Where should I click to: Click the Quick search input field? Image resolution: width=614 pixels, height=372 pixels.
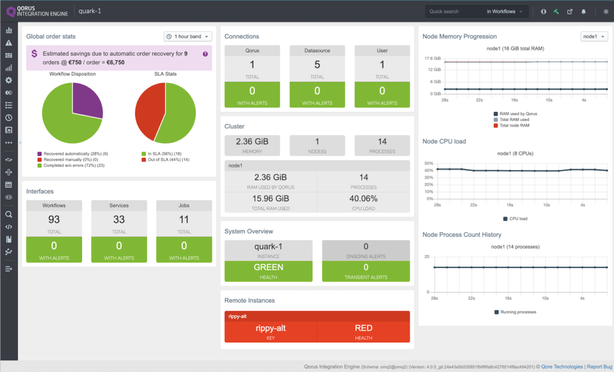tap(454, 12)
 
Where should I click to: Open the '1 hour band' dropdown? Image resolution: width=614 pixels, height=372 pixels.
tap(187, 36)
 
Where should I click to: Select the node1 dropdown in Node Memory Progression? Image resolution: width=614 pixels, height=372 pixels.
tap(594, 36)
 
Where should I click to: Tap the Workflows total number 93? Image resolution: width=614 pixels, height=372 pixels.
tap(54, 220)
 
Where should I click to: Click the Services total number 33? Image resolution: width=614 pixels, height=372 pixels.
tap(119, 220)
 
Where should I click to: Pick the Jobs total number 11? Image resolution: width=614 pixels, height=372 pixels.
tap(184, 220)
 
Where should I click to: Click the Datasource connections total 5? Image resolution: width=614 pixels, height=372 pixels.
tap(317, 65)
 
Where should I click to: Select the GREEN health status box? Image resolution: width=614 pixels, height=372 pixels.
tap(269, 267)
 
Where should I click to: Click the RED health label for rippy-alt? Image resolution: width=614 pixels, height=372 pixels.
tap(363, 329)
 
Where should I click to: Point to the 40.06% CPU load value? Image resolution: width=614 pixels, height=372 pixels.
tap(364, 198)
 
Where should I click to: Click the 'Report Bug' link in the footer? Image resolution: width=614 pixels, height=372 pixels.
tap(599, 367)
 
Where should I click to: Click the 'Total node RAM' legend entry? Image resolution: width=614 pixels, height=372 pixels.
tap(516, 125)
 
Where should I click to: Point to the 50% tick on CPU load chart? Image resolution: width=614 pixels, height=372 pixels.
tap(428, 163)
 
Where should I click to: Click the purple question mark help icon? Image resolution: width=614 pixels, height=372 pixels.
tap(205, 54)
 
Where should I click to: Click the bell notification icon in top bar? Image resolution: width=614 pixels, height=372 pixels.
tap(583, 12)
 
